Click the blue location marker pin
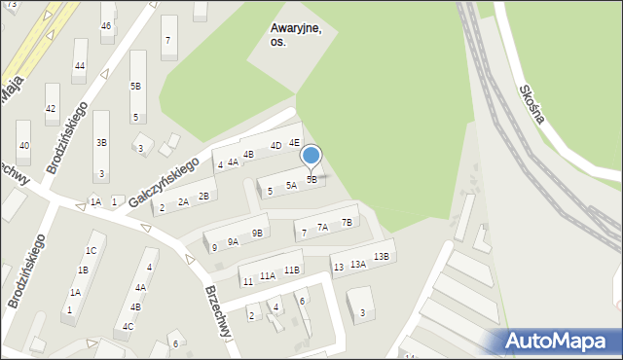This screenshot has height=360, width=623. [311, 155]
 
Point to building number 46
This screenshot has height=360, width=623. [106, 25]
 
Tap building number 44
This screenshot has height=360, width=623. [80, 66]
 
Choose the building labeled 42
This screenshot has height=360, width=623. [51, 109]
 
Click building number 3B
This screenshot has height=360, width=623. [101, 142]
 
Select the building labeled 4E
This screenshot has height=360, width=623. [294, 142]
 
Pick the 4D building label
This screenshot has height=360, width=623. [275, 146]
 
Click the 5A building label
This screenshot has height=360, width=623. [291, 185]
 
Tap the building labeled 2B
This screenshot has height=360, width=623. [203, 197]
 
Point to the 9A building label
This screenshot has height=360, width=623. [233, 241]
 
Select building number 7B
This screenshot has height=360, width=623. [347, 222]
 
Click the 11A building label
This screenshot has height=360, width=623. [267, 275]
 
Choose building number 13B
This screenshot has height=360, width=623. [381, 257]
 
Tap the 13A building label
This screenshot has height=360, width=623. [358, 264]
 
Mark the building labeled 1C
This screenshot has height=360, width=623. [91, 250]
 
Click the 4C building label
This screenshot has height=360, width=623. [128, 327]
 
